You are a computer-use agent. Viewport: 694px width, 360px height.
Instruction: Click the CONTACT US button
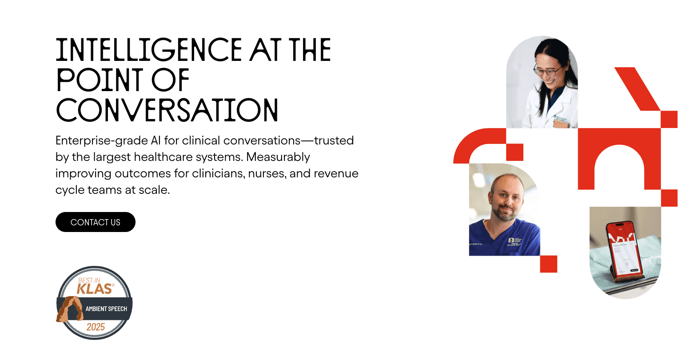[x=95, y=222]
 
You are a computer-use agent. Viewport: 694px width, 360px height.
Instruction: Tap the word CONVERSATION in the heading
[x=167, y=110]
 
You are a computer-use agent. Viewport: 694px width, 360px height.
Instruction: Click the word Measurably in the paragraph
[x=278, y=157]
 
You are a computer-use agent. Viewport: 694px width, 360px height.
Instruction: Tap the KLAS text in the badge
[x=94, y=289]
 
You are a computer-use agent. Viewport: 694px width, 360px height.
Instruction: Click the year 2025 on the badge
[x=96, y=327]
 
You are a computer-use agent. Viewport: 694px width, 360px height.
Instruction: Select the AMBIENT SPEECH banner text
[x=106, y=309]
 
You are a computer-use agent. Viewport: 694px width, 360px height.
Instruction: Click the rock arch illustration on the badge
[x=70, y=309]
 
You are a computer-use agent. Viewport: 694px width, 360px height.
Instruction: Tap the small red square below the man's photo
[x=548, y=264]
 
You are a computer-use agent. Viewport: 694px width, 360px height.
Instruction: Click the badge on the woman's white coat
[x=561, y=121]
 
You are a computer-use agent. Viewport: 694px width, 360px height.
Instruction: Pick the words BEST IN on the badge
[x=89, y=280]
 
